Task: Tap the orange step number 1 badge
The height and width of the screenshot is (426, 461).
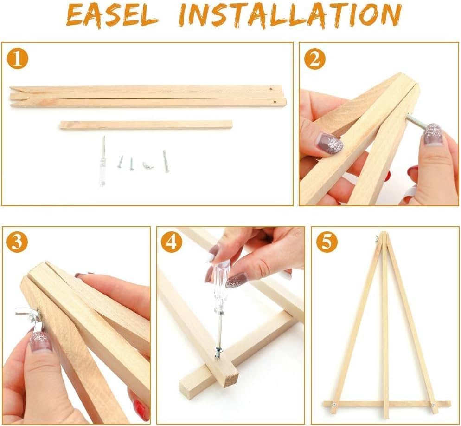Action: click(x=18, y=59)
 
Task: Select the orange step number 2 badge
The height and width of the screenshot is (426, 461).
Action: click(x=314, y=59)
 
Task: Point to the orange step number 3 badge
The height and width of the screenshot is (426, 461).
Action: click(x=17, y=242)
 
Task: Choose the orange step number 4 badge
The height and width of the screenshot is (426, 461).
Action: click(x=171, y=242)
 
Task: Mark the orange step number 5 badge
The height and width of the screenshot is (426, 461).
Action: click(x=327, y=242)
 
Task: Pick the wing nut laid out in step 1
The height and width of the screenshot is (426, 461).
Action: click(x=147, y=164)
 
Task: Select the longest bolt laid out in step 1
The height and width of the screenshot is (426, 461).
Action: click(x=166, y=161)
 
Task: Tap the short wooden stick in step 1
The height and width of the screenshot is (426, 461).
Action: click(x=146, y=125)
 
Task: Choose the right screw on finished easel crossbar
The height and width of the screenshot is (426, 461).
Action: click(x=433, y=405)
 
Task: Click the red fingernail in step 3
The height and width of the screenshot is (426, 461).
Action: click(x=139, y=409)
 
